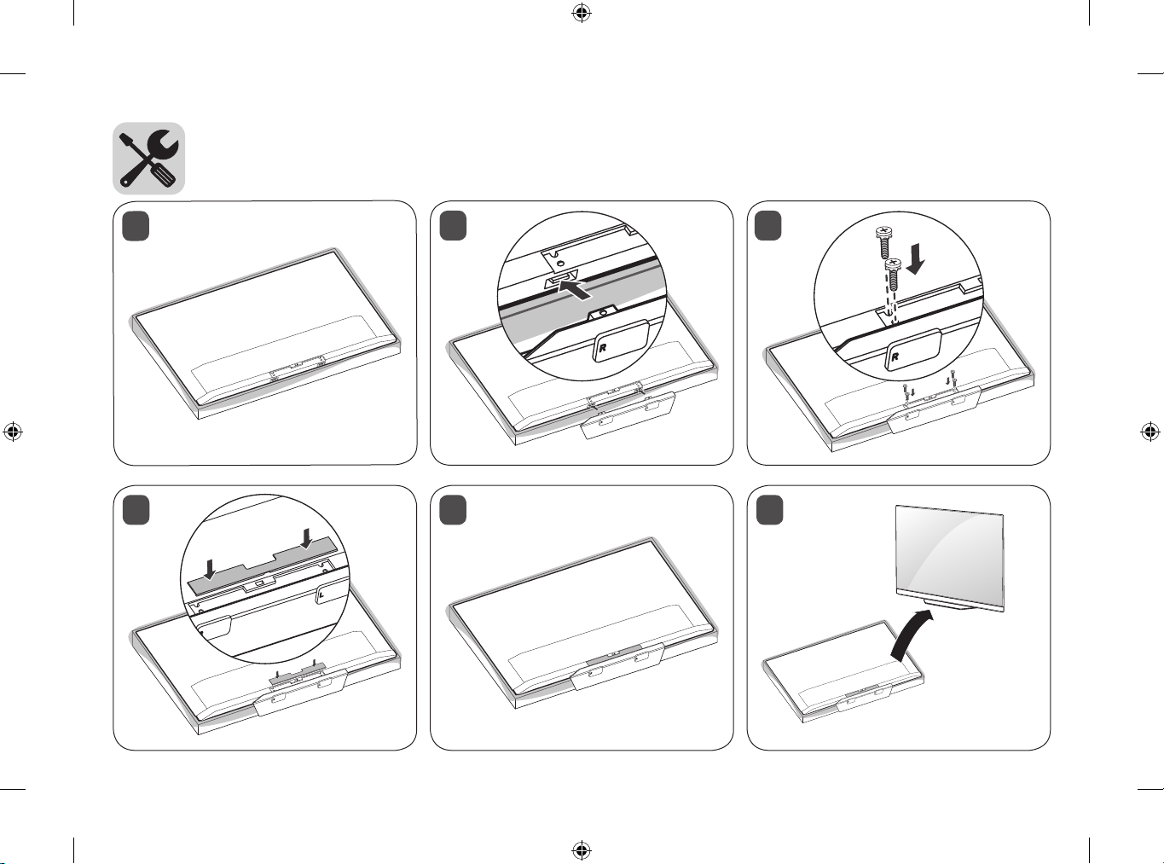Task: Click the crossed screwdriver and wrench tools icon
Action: pyautogui.click(x=148, y=159)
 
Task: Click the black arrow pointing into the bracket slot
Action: pyautogui.click(x=576, y=288)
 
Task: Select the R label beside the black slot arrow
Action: pyautogui.click(x=603, y=347)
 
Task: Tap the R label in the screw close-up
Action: pyautogui.click(x=895, y=357)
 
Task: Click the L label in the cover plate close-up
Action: pyautogui.click(x=321, y=595)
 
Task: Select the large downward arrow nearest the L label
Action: pyautogui.click(x=307, y=540)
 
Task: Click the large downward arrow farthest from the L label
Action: pyautogui.click(x=210, y=570)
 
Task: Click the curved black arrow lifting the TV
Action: pyautogui.click(x=912, y=634)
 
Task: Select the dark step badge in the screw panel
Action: pyautogui.click(x=769, y=226)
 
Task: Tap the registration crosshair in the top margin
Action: pyautogui.click(x=581, y=13)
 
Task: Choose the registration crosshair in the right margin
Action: pyautogui.click(x=1150, y=432)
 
